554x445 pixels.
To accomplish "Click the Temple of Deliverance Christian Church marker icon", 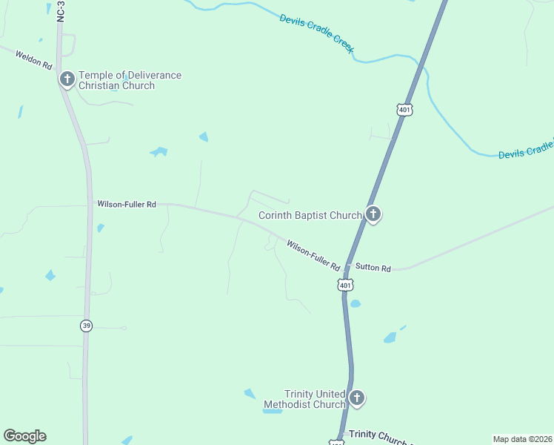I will pyautogui.click(x=67, y=79).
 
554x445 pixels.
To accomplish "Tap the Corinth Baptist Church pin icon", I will pyautogui.click(x=373, y=215).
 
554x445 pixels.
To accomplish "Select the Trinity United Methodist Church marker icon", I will pyautogui.click(x=356, y=398).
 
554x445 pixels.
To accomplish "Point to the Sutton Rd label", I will pyautogui.click(x=373, y=268).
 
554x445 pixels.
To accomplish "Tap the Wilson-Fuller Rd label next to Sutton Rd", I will pyautogui.click(x=313, y=255).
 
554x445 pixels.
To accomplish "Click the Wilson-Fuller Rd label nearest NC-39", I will pyautogui.click(x=126, y=204).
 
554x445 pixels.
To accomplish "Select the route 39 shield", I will pyautogui.click(x=86, y=326).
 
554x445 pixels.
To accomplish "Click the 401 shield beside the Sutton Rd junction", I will pyautogui.click(x=345, y=285).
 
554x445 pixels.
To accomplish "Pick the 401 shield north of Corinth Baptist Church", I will pyautogui.click(x=404, y=110).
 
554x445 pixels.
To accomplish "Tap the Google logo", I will pyautogui.click(x=24, y=436).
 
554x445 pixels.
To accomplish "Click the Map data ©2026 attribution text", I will pyautogui.click(x=522, y=438).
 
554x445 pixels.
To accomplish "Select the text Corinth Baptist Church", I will pyautogui.click(x=310, y=216).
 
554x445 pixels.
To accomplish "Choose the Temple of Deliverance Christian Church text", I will pyautogui.click(x=130, y=80).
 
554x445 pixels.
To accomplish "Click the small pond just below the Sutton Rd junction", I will pyautogui.click(x=356, y=303).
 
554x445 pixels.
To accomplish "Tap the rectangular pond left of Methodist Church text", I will pyautogui.click(x=272, y=410).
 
